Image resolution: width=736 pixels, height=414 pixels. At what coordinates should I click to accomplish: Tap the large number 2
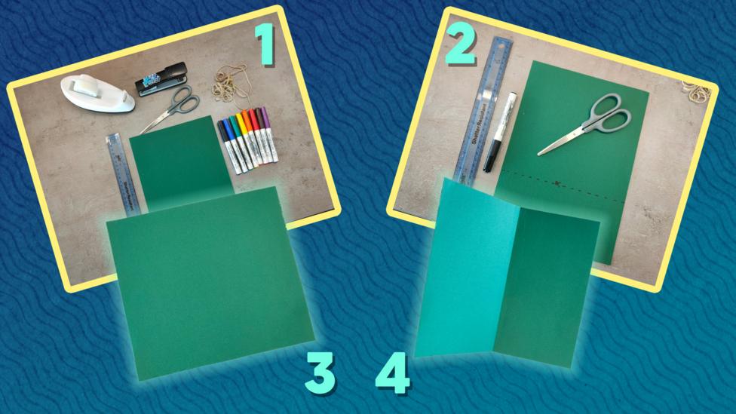[460, 47]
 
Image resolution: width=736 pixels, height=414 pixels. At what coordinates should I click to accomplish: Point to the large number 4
[393, 372]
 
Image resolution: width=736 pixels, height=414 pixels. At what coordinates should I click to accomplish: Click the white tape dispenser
[97, 94]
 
